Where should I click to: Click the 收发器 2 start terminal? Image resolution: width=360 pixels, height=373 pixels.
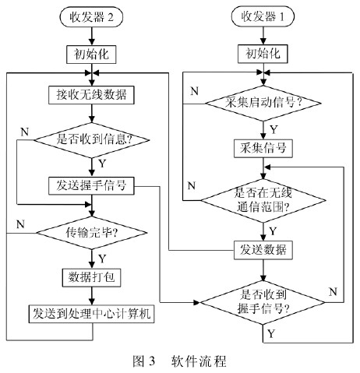click(91, 17)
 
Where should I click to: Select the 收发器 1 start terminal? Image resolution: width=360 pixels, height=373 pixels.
click(263, 16)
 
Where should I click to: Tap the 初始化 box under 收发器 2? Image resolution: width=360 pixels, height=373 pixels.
click(91, 55)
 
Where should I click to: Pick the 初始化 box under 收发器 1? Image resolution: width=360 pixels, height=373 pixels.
click(263, 54)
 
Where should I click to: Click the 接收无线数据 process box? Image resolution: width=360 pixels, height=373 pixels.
click(91, 95)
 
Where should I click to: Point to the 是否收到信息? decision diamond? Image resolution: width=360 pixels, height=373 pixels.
click(92, 140)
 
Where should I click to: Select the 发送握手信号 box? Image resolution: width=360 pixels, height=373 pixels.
click(91, 186)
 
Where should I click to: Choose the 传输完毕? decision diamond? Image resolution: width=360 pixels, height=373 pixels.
click(92, 233)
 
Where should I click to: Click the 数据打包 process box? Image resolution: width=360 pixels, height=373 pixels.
click(91, 277)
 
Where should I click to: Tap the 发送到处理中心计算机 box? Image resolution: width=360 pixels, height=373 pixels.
click(91, 314)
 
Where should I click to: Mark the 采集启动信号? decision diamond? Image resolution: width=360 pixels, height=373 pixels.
click(263, 104)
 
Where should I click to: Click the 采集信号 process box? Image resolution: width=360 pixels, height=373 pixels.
click(263, 149)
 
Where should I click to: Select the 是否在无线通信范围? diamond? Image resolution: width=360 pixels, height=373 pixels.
click(263, 201)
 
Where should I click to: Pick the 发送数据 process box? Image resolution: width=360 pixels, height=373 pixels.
click(263, 250)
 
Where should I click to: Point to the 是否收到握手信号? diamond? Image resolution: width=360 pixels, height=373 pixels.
click(263, 303)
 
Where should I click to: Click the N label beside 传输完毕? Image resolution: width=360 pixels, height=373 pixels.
click(21, 224)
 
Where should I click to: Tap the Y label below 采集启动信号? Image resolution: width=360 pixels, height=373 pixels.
click(274, 129)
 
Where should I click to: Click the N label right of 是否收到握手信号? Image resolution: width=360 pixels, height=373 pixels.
click(333, 292)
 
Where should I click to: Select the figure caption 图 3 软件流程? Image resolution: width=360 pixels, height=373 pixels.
click(179, 361)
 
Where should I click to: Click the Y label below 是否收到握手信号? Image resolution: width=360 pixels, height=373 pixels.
click(271, 333)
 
